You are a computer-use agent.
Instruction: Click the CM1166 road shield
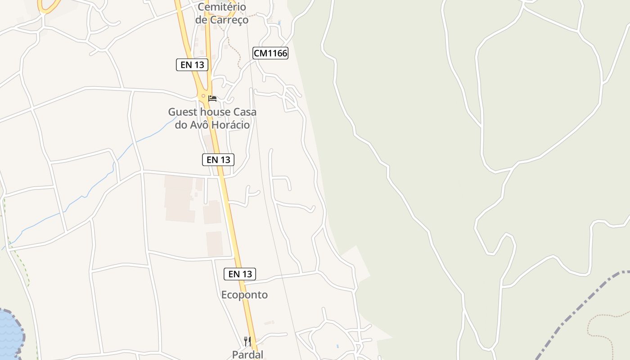click(270, 53)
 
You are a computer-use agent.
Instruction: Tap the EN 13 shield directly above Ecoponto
click(240, 274)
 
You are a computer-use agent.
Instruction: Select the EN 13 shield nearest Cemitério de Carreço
click(192, 65)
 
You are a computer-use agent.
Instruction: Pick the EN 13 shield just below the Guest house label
click(218, 159)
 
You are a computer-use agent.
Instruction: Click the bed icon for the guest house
click(212, 98)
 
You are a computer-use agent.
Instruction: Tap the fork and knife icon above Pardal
click(247, 341)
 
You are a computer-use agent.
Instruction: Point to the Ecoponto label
click(244, 295)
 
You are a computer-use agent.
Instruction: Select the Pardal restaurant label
click(247, 354)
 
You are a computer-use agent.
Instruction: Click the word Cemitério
click(222, 7)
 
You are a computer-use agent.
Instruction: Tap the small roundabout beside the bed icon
click(203, 96)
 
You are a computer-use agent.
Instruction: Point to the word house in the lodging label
click(210, 112)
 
